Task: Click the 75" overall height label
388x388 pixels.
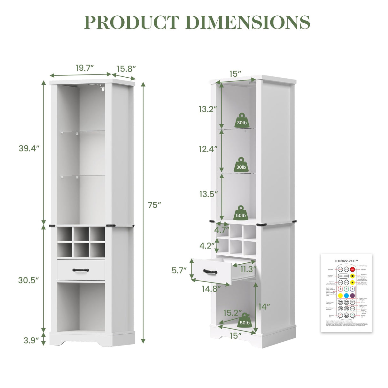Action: point(154,205)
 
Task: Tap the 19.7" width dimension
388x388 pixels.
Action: point(85,68)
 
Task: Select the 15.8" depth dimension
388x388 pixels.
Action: point(126,69)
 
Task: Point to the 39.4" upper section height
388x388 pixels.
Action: point(29,148)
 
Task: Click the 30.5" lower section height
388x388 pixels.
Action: point(28,280)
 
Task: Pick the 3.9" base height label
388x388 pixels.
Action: point(31,340)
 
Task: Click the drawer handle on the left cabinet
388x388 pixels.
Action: point(81,270)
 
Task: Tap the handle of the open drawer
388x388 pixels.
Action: point(210,272)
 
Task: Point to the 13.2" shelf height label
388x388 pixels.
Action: point(208,109)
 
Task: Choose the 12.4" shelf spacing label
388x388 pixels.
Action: point(208,149)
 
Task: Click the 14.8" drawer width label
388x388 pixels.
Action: point(211,289)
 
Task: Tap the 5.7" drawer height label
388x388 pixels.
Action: point(179,270)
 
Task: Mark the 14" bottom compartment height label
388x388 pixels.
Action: point(264,307)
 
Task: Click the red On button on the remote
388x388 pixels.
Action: point(352,269)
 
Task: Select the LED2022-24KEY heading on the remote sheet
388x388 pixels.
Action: point(346,260)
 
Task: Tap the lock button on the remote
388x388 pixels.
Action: point(346,315)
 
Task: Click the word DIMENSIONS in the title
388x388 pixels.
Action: point(247,22)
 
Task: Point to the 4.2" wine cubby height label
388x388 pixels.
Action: point(207,246)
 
